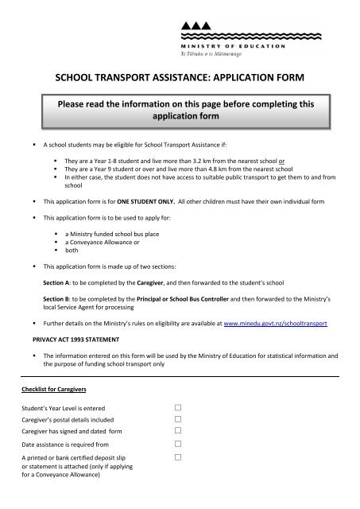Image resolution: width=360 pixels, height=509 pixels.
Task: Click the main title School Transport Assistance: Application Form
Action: tap(180, 80)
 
